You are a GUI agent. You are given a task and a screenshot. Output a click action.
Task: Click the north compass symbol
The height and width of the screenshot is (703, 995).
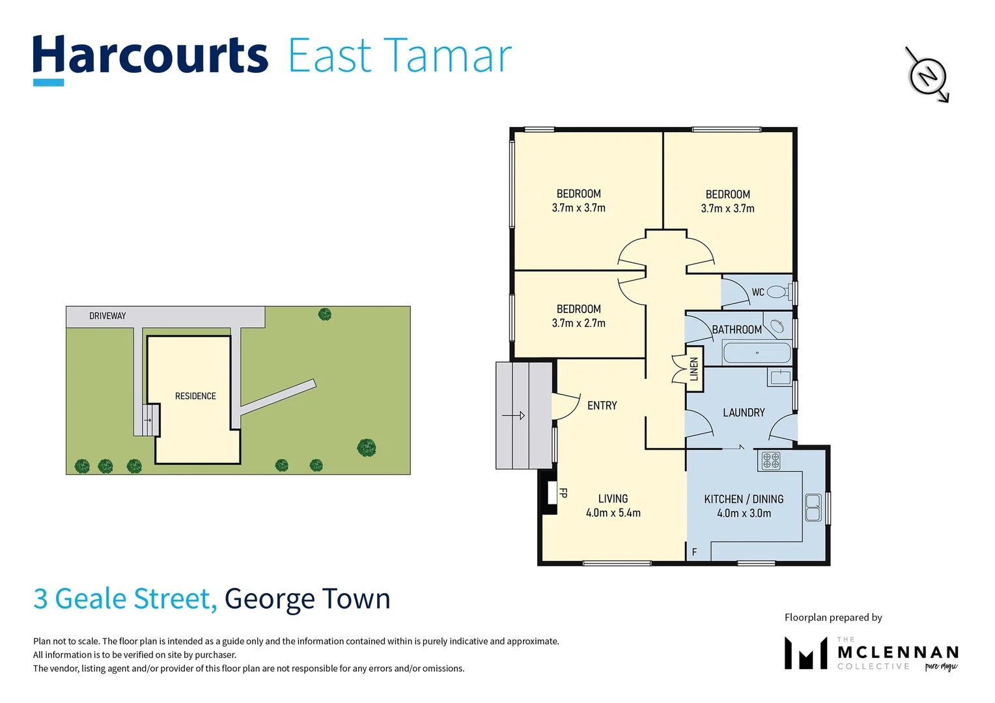[x=927, y=75]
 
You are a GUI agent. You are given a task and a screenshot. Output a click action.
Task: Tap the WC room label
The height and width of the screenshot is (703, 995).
[x=758, y=292]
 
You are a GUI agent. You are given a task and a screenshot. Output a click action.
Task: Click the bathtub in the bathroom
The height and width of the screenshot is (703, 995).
[x=757, y=353]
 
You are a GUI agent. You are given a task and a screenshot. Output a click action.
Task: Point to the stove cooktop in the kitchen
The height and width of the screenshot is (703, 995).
[x=771, y=460]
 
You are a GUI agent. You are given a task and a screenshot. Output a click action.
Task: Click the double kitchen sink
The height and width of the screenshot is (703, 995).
[x=812, y=507]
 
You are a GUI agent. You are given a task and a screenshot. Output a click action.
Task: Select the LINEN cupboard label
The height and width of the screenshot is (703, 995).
[x=694, y=369]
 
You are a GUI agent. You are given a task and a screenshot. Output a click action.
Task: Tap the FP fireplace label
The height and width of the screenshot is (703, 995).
[x=563, y=493]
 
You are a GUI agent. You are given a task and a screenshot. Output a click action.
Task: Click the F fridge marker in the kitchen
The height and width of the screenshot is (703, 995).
[x=694, y=552]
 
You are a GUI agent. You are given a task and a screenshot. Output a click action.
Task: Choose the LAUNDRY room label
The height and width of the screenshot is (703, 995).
[x=744, y=413]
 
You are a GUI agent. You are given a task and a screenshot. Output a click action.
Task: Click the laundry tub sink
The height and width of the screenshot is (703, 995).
[x=779, y=377]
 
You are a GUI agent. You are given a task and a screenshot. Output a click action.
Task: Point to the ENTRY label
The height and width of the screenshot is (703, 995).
[x=602, y=406]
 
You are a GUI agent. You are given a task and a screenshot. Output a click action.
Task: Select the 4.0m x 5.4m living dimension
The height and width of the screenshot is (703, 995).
[x=613, y=513]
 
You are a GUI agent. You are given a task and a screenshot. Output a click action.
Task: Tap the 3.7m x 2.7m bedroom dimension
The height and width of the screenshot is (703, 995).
[x=578, y=324]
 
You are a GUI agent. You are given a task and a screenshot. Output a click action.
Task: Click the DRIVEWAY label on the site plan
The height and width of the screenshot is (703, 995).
[x=107, y=316]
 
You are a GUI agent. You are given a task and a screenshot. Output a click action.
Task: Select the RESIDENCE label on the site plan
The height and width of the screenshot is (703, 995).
[x=195, y=396]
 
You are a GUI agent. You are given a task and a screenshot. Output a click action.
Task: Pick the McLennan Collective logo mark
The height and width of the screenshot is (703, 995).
[x=806, y=653]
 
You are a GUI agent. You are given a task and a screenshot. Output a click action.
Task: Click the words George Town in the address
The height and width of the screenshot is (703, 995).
[x=307, y=598]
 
